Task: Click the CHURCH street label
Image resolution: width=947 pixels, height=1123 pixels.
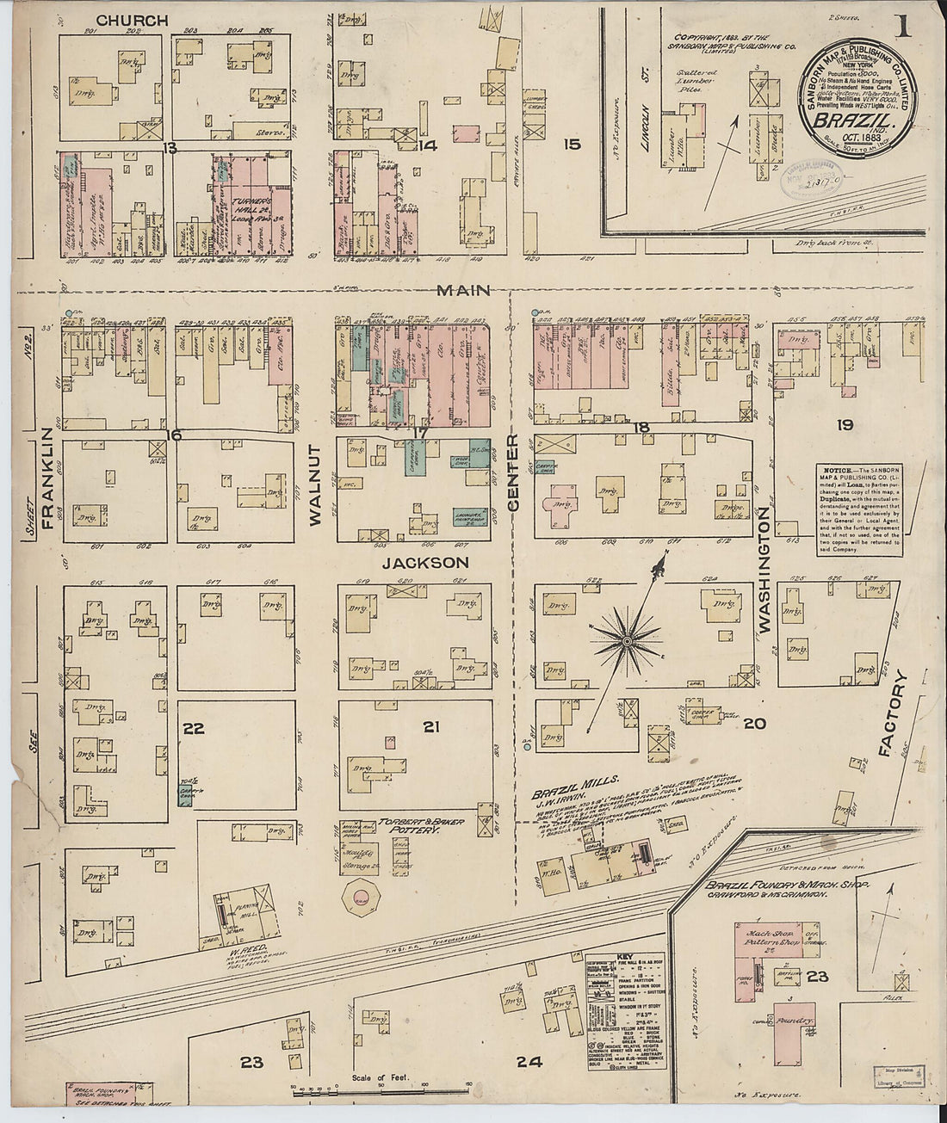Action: pyautogui.click(x=132, y=20)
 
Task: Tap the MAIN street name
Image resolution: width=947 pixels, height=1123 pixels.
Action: pyautogui.click(x=463, y=291)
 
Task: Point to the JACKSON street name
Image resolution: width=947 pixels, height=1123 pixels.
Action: pyautogui.click(x=425, y=563)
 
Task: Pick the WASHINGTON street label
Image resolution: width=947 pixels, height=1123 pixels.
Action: pyautogui.click(x=763, y=571)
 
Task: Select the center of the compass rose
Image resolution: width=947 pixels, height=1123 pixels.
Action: pyautogui.click(x=628, y=641)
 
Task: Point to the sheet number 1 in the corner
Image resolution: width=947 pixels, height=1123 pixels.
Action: pyautogui.click(x=903, y=27)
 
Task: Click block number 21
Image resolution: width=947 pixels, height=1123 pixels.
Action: pyautogui.click(x=430, y=727)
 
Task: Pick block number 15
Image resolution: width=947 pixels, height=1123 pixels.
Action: pyautogui.click(x=572, y=145)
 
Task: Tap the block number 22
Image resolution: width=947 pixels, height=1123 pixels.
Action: pyautogui.click(x=193, y=729)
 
